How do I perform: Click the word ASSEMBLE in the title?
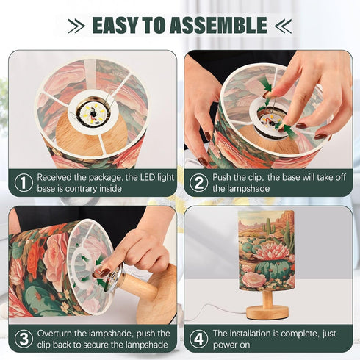pyautogui.click(x=218, y=25)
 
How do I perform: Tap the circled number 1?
pyautogui.click(x=24, y=183)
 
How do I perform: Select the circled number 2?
pyautogui.click(x=198, y=183)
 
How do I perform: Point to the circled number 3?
pyautogui.click(x=24, y=339)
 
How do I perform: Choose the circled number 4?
pyautogui.click(x=198, y=339)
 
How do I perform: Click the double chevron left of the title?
pyautogui.click(x=76, y=26)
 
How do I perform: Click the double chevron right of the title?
pyautogui.click(x=283, y=26)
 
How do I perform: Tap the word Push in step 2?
pyautogui.click(x=222, y=177)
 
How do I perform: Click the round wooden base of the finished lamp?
pyautogui.click(x=267, y=312)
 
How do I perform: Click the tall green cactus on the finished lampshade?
pyautogui.click(x=269, y=226)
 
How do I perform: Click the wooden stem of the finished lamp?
pyautogui.click(x=267, y=298)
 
